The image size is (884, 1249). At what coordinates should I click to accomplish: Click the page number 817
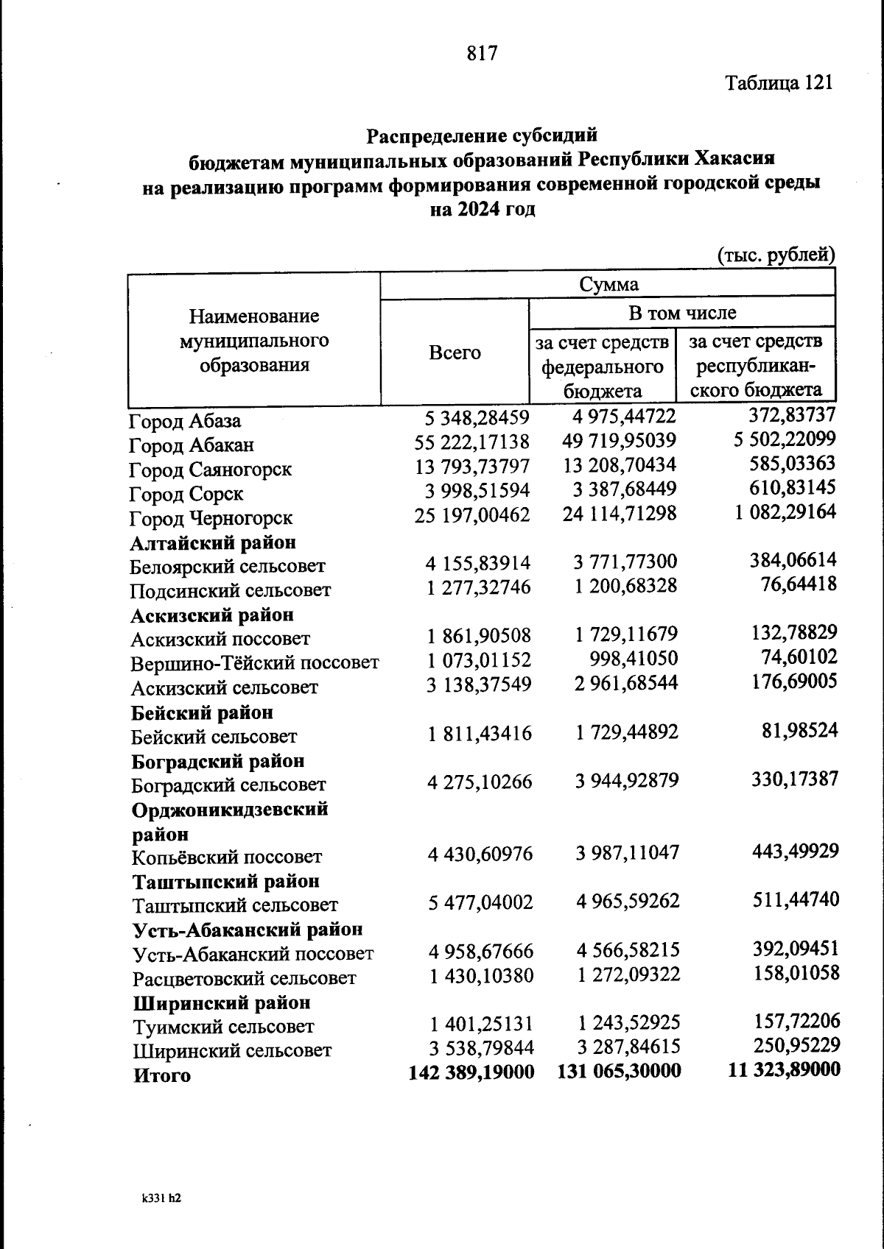coord(483,53)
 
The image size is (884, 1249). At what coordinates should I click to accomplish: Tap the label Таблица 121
coord(779,82)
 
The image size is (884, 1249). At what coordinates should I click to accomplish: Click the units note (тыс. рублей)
coord(776,255)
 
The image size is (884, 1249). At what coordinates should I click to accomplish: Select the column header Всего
coord(455,353)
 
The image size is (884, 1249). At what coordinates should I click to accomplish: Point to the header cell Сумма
coord(608,284)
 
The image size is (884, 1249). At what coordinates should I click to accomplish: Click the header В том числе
coord(681,313)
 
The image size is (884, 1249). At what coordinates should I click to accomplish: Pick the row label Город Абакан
coord(192,445)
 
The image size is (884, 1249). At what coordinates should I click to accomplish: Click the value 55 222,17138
coord(472,442)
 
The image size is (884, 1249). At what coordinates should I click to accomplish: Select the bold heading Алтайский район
coord(214,542)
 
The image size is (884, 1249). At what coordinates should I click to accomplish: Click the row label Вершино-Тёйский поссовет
coord(255,663)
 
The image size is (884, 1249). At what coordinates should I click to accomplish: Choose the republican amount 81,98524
coord(799,730)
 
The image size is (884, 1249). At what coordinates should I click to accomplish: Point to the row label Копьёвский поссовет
coord(227,857)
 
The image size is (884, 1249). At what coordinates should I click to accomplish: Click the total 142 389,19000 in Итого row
coord(471,1072)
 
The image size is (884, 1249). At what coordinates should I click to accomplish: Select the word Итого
coord(162,1075)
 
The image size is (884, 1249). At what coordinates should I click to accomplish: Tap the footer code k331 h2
coord(161,1197)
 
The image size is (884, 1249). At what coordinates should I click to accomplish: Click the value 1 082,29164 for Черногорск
coord(785,512)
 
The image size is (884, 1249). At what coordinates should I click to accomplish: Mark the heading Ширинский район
coord(222,1002)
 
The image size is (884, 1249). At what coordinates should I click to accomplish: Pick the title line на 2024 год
coord(482,209)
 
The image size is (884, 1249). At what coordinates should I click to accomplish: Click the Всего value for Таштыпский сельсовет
coord(480,902)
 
